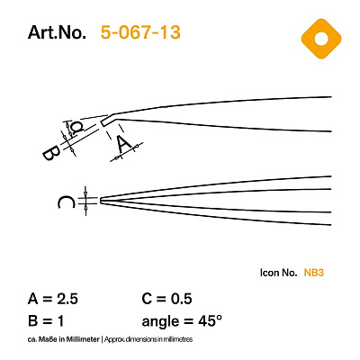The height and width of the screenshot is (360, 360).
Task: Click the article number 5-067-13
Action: (x=140, y=32)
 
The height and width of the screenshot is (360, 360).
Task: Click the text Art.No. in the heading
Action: (x=57, y=32)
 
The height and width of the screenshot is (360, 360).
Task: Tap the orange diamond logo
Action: (x=321, y=39)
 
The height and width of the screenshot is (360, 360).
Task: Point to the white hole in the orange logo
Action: (x=321, y=39)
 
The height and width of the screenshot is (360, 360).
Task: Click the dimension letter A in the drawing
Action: (x=124, y=143)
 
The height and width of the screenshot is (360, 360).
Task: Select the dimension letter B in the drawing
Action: (x=51, y=153)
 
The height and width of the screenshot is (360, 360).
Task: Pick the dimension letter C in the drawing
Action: (x=66, y=202)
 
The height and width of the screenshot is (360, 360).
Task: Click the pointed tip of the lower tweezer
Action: (x=101, y=201)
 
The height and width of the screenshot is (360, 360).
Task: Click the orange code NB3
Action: (x=314, y=273)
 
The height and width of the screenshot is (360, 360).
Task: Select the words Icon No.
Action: (x=279, y=273)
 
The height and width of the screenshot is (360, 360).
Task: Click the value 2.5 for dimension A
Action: (x=67, y=299)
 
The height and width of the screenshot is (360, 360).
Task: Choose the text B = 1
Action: (x=46, y=321)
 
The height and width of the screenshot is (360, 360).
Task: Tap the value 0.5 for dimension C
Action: (x=182, y=299)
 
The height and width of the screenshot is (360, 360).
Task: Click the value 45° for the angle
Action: (x=210, y=321)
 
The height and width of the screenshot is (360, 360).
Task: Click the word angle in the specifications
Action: (x=160, y=322)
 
